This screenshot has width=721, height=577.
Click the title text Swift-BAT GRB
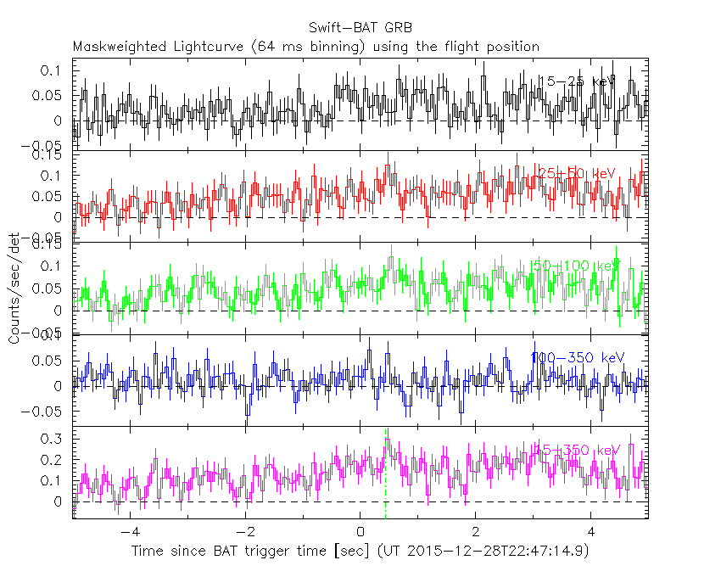(x=360, y=28)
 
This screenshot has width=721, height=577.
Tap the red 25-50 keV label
(x=573, y=174)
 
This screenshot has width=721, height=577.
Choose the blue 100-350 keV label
(x=577, y=358)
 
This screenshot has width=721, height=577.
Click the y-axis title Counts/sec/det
(x=14, y=288)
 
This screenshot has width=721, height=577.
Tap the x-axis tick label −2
(x=244, y=532)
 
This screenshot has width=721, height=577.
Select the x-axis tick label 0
(x=360, y=532)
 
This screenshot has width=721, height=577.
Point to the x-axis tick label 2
(x=476, y=532)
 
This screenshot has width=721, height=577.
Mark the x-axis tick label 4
(x=591, y=532)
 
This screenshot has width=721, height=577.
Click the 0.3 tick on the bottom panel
(x=53, y=439)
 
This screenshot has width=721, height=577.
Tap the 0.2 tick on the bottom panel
(x=53, y=460)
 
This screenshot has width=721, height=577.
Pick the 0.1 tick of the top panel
(x=53, y=70)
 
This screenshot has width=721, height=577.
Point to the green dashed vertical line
(x=386, y=475)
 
